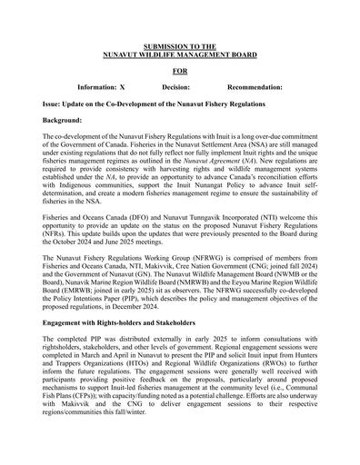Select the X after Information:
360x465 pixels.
(x=123, y=87)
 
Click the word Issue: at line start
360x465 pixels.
(x=53, y=104)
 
